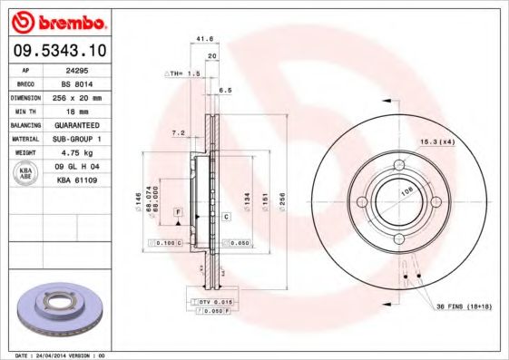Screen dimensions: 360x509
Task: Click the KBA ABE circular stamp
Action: click(x=26, y=174)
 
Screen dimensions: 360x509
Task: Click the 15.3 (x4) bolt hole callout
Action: click(x=436, y=143)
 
